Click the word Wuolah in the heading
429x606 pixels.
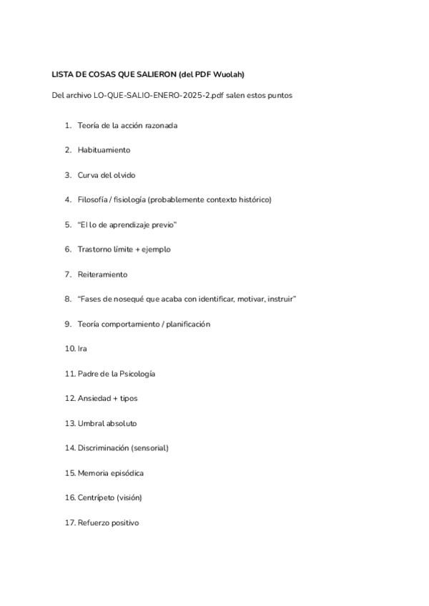coord(230,74)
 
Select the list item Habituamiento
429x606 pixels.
coord(104,150)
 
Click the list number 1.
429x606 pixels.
coord(68,126)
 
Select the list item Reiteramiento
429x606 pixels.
coord(102,274)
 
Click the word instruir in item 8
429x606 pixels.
coord(281,299)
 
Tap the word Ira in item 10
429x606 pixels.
coord(82,349)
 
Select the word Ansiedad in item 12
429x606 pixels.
coord(95,398)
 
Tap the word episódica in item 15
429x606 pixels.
coord(127,473)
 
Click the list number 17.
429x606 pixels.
coord(69,522)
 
